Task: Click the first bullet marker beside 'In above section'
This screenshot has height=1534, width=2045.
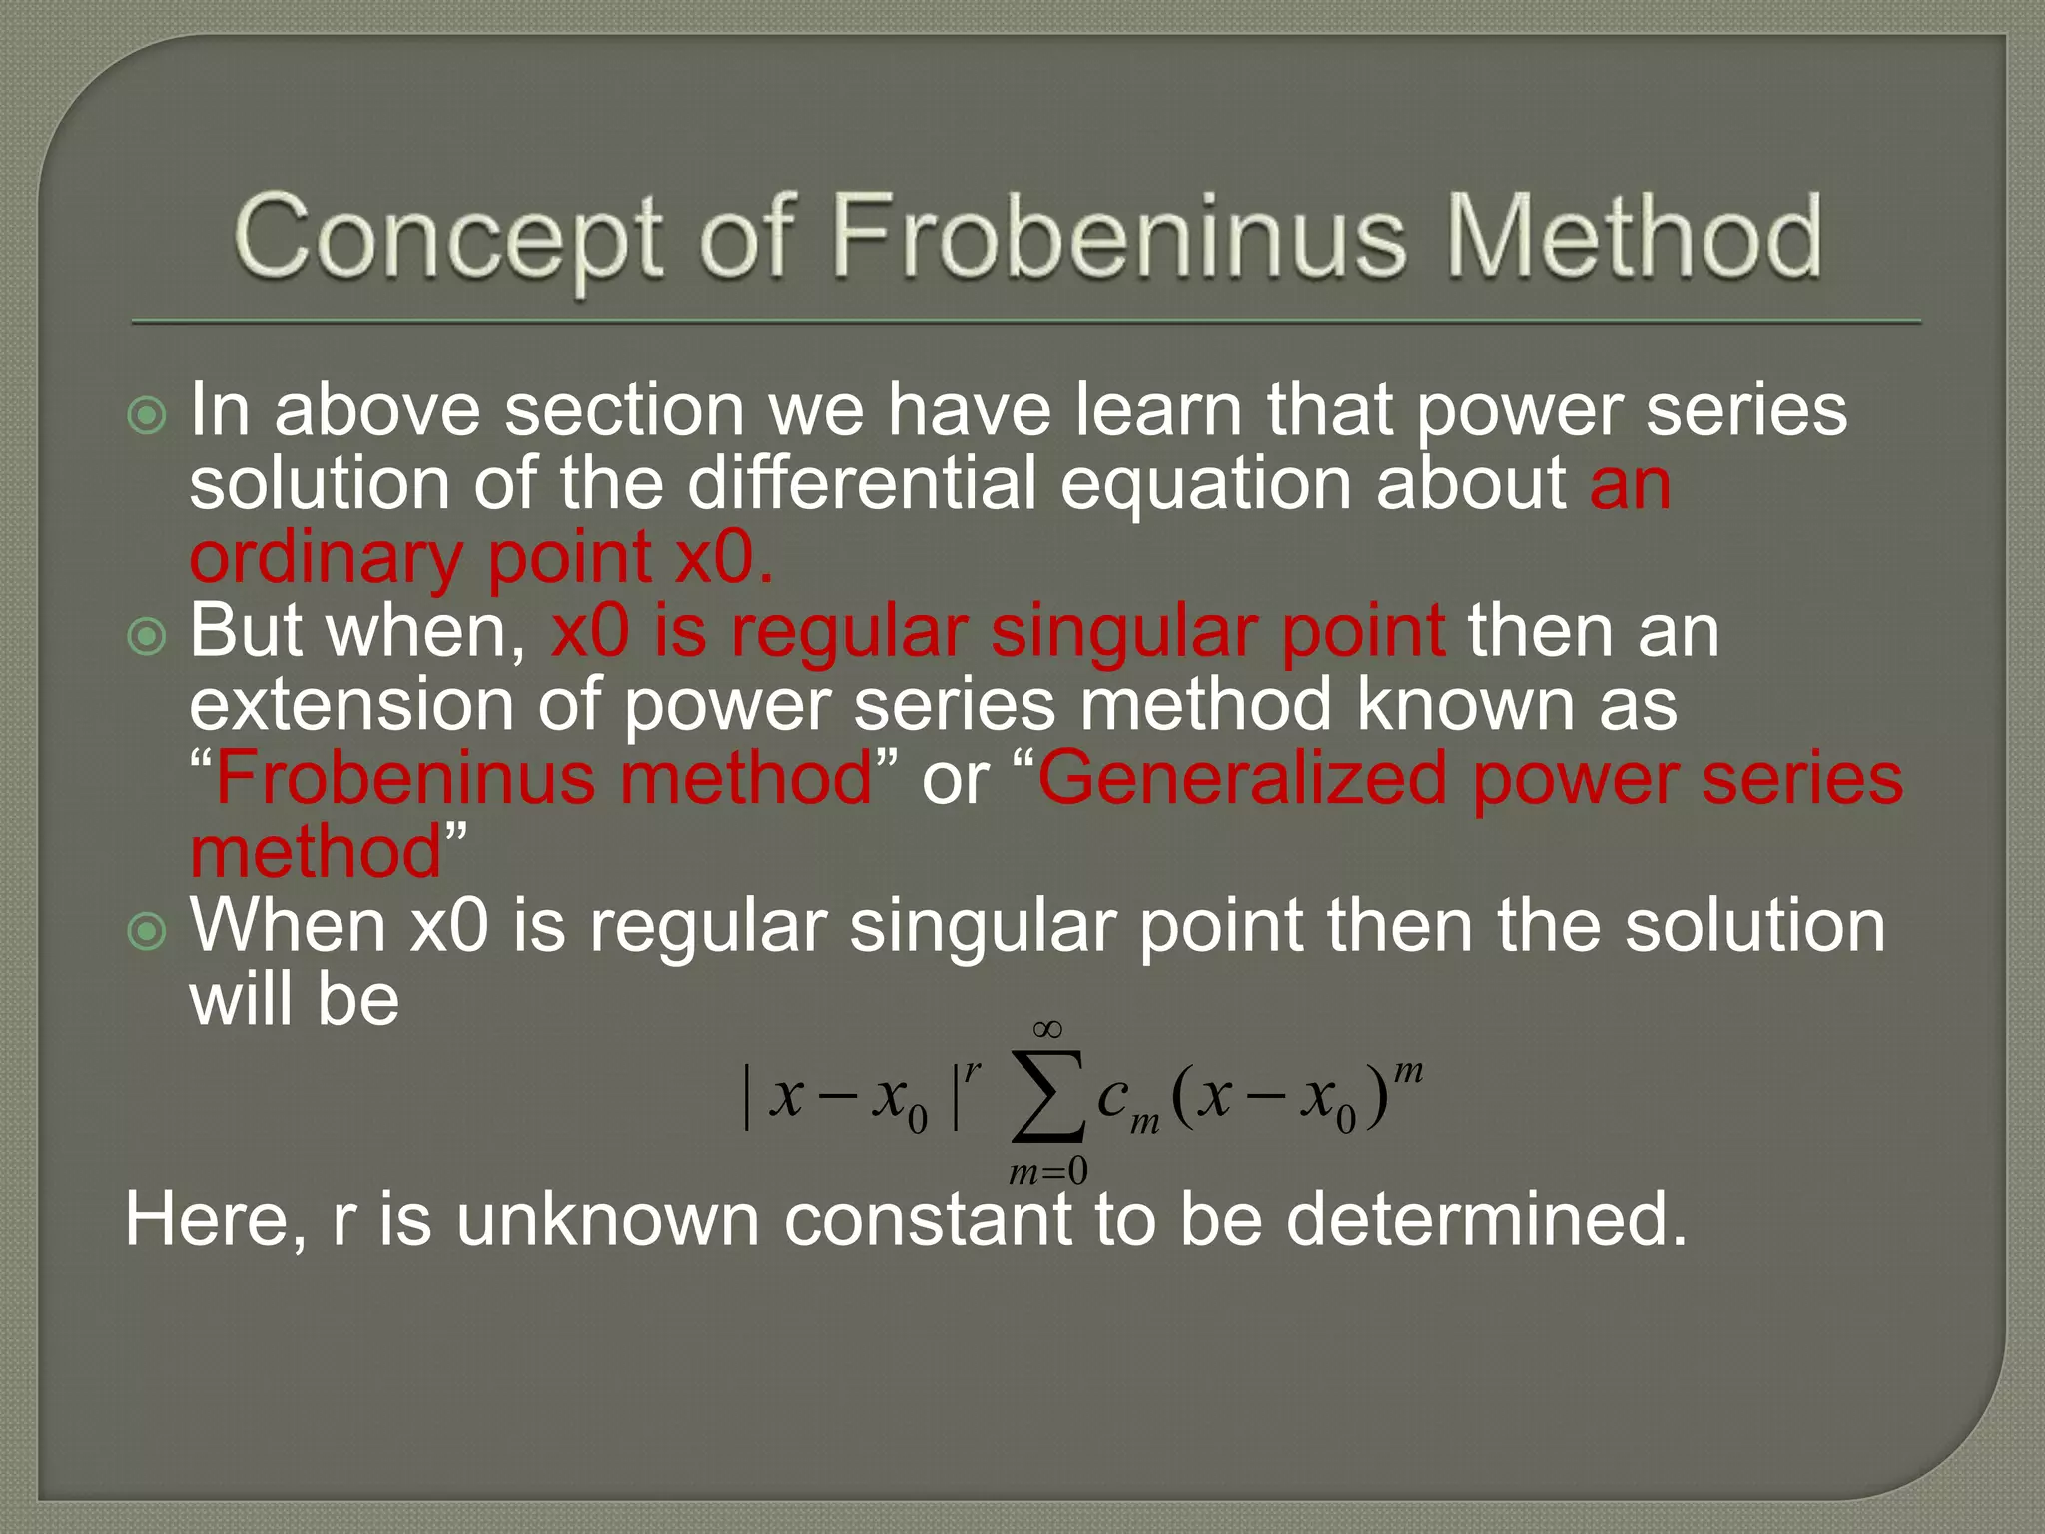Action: [148, 415]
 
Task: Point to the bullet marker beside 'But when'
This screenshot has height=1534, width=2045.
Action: [148, 636]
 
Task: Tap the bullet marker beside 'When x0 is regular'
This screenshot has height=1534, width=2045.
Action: [148, 931]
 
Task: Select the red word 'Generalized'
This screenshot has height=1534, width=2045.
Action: [1241, 778]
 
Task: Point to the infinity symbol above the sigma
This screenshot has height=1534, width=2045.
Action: [1047, 1029]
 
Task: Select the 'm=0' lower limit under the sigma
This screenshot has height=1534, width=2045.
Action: [1047, 1170]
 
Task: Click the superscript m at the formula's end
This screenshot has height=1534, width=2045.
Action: [1408, 1071]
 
